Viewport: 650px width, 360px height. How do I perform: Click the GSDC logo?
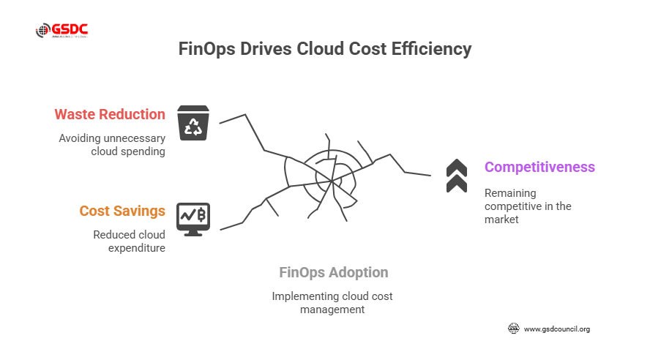[x=62, y=31]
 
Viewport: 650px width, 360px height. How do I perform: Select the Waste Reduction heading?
[x=110, y=115]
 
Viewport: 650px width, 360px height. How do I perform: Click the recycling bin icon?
[x=194, y=122]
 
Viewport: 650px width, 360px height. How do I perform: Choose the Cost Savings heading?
[x=122, y=211]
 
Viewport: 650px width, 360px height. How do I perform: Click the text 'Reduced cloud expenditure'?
[x=129, y=241]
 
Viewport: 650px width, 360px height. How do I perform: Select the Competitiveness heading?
[x=539, y=167]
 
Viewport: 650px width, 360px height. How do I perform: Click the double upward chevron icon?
[x=457, y=176]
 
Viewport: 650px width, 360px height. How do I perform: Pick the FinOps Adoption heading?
[x=334, y=273]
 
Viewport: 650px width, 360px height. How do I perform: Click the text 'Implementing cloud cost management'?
[x=332, y=302]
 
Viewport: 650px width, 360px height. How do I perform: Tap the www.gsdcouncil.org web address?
[x=557, y=329]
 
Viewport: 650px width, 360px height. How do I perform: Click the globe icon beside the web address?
[x=514, y=329]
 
